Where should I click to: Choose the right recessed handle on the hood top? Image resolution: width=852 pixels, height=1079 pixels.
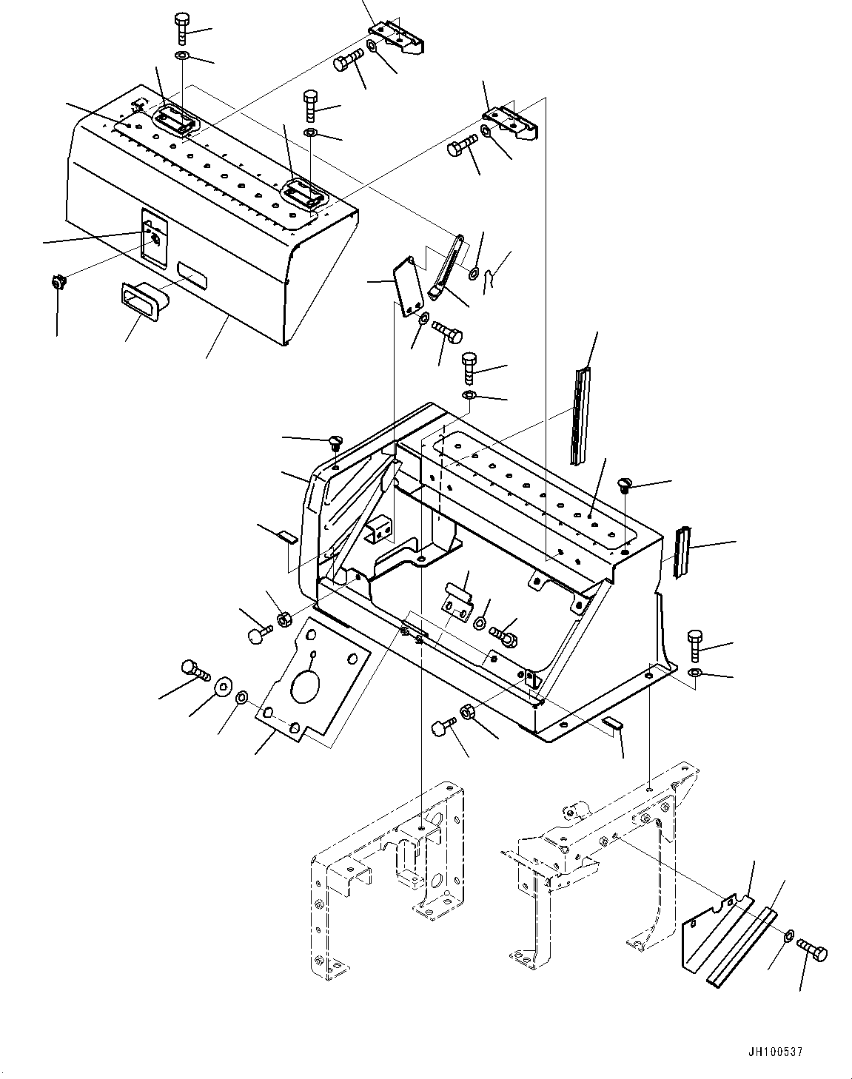303,195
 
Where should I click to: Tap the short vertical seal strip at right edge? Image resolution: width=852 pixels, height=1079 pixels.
682,552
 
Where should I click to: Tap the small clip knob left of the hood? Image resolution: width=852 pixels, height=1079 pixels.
57,282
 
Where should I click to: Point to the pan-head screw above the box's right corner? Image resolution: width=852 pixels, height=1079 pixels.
624,485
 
